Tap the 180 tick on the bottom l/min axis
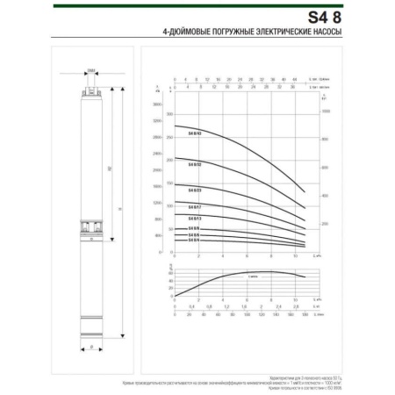point(304,312)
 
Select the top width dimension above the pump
point(91,74)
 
